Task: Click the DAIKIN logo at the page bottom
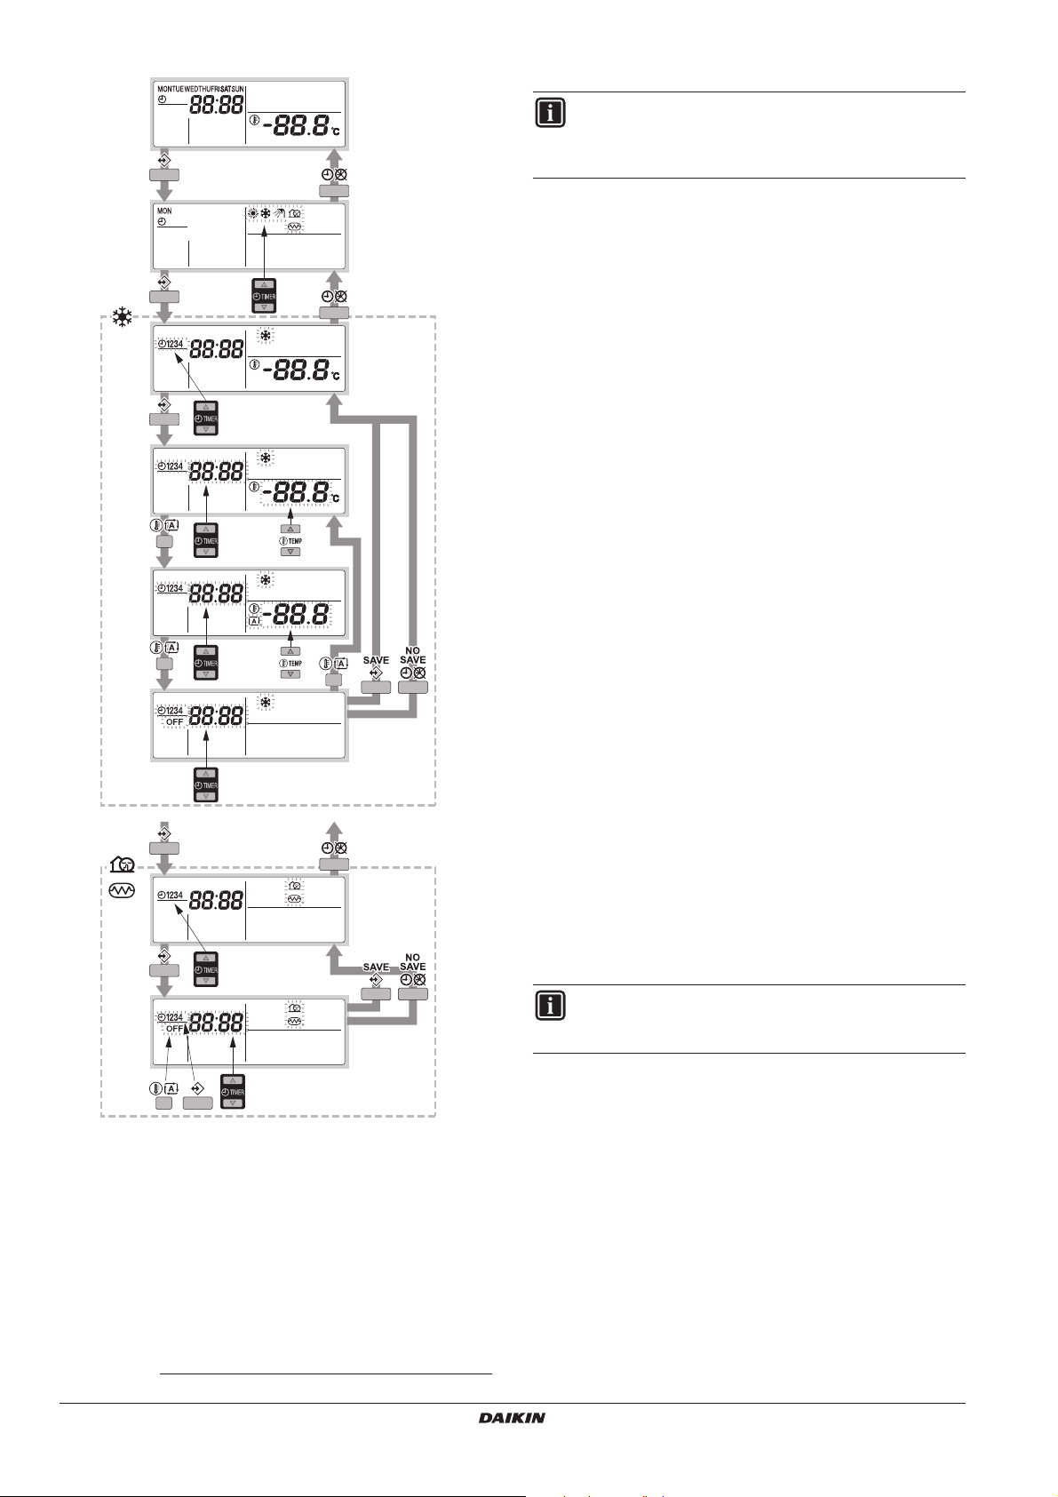[x=512, y=1418]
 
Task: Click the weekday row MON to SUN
[x=201, y=89]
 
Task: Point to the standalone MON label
[x=164, y=211]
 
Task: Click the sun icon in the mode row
[x=254, y=214]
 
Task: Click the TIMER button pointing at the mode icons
[x=265, y=296]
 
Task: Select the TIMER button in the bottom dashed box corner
[x=233, y=1092]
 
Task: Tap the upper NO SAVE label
[x=412, y=656]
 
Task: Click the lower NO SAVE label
[x=412, y=962]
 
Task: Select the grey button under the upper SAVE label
[x=376, y=687]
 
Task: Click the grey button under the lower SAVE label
[x=376, y=993]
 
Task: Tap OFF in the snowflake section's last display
[x=175, y=722]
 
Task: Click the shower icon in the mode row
[x=281, y=214]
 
